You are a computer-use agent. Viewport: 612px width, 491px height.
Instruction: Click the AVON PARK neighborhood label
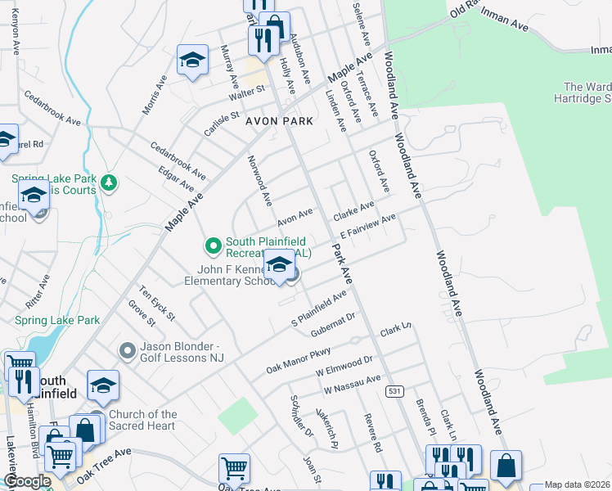pyautogui.click(x=279, y=121)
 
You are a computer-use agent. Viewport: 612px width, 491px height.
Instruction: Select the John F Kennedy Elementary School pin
pyautogui.click(x=279, y=266)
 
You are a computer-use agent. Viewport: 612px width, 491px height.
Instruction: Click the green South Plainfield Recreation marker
pyautogui.click(x=213, y=245)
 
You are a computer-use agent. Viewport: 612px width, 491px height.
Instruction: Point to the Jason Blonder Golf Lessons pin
pyautogui.click(x=127, y=351)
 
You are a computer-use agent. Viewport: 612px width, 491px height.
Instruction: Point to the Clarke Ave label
pyautogui.click(x=353, y=211)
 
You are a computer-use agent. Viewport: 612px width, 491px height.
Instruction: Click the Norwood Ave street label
pyautogui.click(x=260, y=180)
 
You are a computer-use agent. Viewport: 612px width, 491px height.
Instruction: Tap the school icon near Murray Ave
pyautogui.click(x=192, y=61)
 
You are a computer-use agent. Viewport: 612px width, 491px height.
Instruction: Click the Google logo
pyautogui.click(x=28, y=482)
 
